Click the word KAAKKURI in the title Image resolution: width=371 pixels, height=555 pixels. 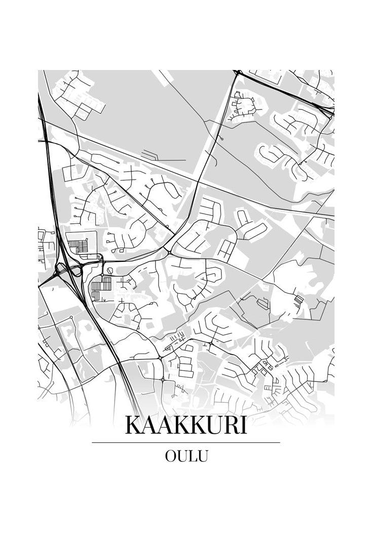pos(185,425)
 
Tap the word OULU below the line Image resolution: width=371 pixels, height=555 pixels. pos(186,456)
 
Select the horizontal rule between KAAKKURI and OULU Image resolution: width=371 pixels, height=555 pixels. pos(185,442)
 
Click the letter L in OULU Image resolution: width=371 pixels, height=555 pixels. pos(191,456)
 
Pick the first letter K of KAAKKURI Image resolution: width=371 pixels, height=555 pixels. pos(133,425)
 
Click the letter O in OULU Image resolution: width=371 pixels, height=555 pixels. pos(171,456)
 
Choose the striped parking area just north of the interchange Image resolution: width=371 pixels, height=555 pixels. pos(78,247)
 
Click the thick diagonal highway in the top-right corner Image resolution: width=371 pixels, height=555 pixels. pos(284,91)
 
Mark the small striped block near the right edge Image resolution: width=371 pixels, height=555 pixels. pos(299,300)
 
